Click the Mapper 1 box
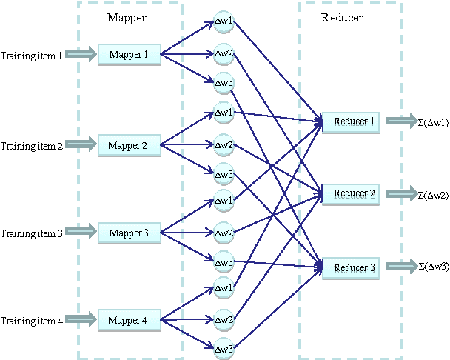pyautogui.click(x=129, y=54)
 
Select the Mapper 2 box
pyautogui.click(x=129, y=146)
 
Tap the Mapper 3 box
pyautogui.click(x=129, y=233)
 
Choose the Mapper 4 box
pyautogui.click(x=129, y=321)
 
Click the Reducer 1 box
pyautogui.click(x=351, y=121)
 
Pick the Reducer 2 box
pyautogui.click(x=351, y=194)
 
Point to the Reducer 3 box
pyautogui.click(x=351, y=268)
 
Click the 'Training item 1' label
pyautogui.click(x=32, y=56)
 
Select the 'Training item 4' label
pyautogui.click(x=32, y=321)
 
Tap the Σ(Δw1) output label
pyautogui.click(x=434, y=121)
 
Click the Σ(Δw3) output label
pyautogui.click(x=434, y=267)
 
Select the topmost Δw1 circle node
pyautogui.click(x=224, y=21)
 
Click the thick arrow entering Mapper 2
pyautogui.click(x=81, y=146)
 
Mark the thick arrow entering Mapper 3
pyautogui.click(x=81, y=233)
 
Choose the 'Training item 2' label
pyautogui.click(x=32, y=147)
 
